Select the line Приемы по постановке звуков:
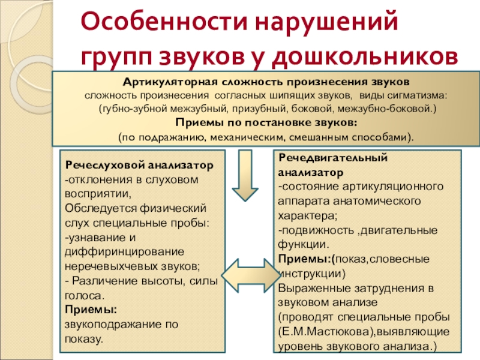click(266, 122)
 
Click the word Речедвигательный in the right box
click(332, 158)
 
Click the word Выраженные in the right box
click(308, 288)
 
